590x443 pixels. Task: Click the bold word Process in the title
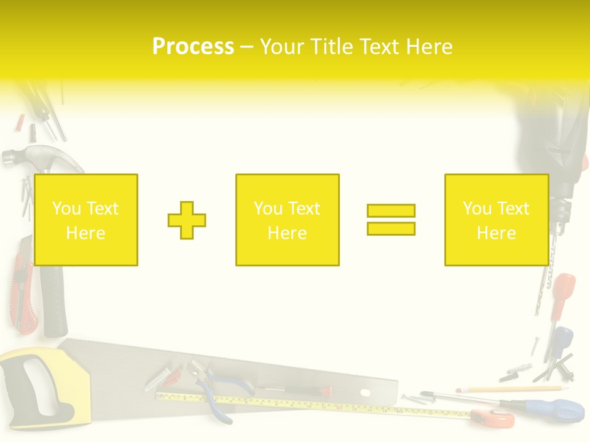193,47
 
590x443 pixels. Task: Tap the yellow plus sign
187,220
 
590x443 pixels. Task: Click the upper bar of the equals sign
391,210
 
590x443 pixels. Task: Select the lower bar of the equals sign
391,228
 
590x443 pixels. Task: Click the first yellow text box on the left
86,220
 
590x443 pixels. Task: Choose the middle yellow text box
287,220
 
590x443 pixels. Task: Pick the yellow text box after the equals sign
496,220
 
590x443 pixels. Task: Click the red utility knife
22,283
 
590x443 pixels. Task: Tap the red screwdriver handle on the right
562,289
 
